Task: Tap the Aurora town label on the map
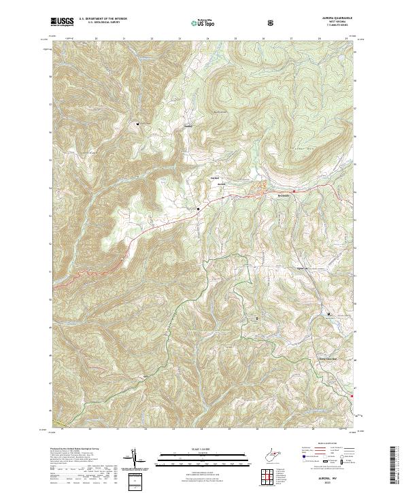point(220,185)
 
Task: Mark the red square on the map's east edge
point(352,396)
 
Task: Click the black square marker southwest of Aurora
point(198,209)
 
